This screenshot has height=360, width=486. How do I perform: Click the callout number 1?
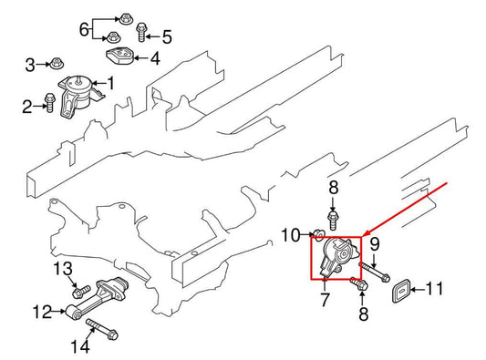point(111,84)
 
